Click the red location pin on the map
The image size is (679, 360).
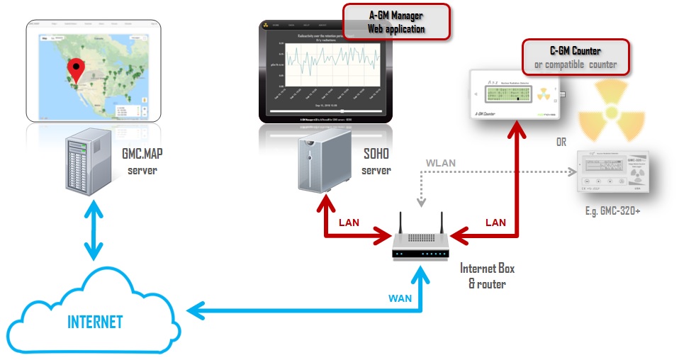point(76,69)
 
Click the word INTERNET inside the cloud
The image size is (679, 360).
point(95,322)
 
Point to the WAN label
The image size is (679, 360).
point(400,298)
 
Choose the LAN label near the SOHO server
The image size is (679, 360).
point(348,222)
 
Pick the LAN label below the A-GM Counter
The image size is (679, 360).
point(495,222)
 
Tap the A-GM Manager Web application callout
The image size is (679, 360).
point(396,21)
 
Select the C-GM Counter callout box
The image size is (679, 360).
point(575,57)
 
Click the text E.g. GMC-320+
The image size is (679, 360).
point(614,210)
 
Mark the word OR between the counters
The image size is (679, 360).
point(561,142)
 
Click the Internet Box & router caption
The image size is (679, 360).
point(487,276)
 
